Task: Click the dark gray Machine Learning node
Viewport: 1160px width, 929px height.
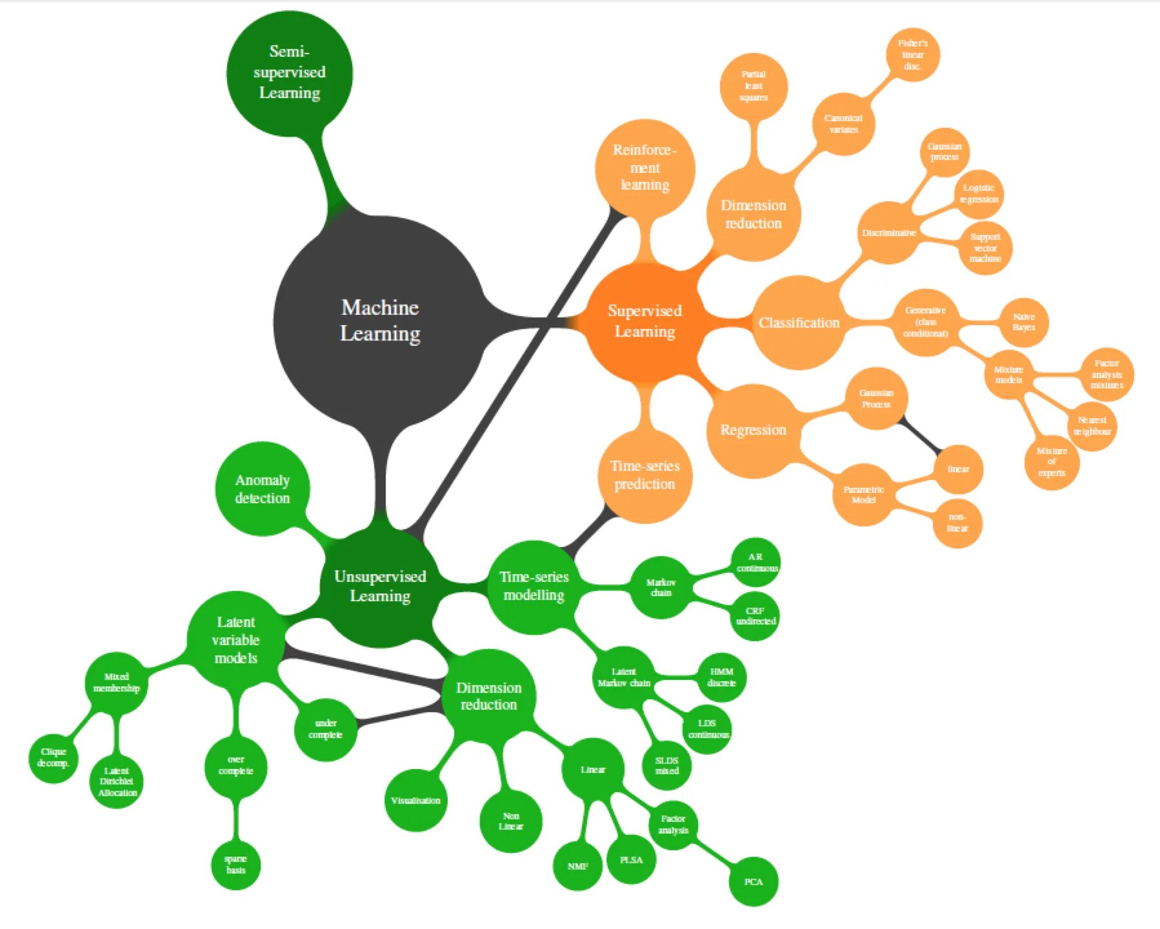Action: coord(379,321)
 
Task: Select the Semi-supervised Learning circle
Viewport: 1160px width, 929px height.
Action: coord(290,72)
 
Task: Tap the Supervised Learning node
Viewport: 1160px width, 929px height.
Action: coord(645,321)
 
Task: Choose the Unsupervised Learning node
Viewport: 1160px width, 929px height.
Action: coord(380,586)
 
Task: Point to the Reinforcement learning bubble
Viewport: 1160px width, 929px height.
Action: coord(645,168)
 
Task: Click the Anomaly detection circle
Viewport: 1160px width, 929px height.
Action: coord(262,489)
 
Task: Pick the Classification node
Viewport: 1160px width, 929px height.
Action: coord(799,323)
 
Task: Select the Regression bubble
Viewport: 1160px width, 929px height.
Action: coord(753,430)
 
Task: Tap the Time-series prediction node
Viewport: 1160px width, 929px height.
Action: coord(645,475)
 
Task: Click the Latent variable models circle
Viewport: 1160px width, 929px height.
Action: coord(235,640)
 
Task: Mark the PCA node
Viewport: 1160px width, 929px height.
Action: coord(753,882)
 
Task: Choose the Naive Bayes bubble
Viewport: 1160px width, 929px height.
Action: coord(1024,322)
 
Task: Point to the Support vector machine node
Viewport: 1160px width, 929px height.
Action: coord(985,248)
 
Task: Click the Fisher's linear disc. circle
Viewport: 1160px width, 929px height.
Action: coord(912,55)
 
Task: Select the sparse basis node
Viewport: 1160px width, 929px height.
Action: coord(235,864)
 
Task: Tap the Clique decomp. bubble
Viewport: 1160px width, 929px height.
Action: coord(53,757)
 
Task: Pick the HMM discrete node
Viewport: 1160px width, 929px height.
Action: coord(721,677)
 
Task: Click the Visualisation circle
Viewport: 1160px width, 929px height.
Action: coord(415,801)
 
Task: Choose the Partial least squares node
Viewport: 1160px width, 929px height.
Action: coord(754,86)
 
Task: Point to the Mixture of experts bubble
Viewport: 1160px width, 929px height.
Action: coord(1052,462)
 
